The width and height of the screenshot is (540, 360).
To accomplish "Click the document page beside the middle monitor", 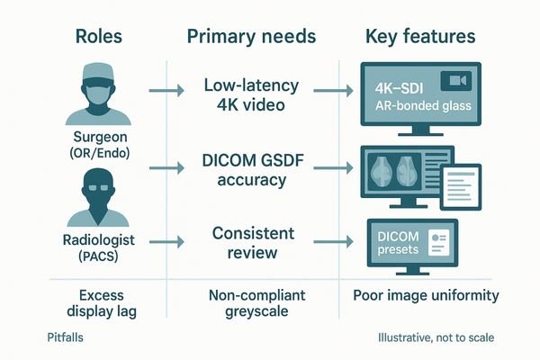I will pos(465,180).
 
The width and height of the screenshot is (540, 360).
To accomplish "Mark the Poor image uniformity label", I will pos(427,294).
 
